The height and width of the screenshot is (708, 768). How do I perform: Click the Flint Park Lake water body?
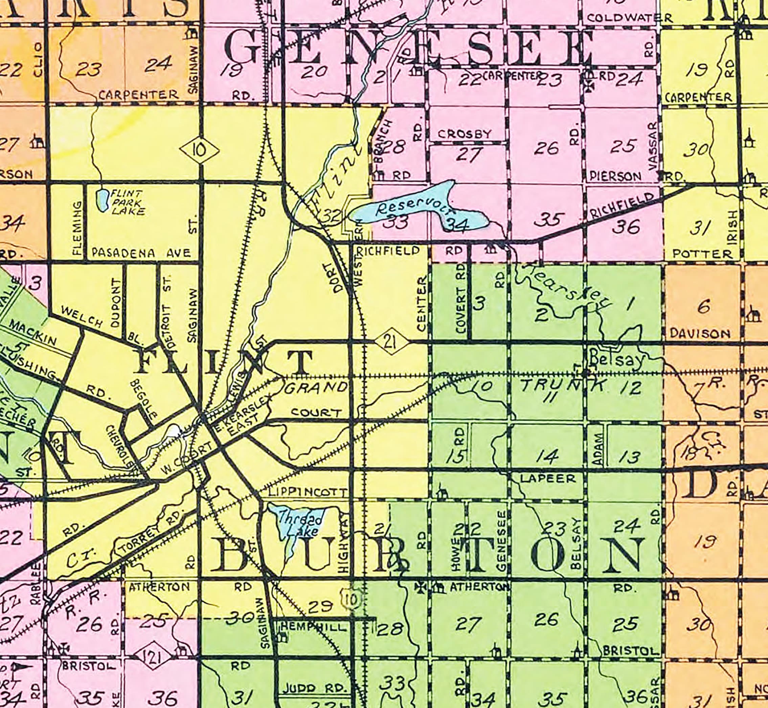[x=102, y=200]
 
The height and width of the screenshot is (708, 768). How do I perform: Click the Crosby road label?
[x=465, y=134]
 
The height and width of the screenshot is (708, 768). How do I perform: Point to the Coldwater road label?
[x=629, y=18]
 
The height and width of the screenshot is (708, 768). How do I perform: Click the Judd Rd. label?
[x=314, y=687]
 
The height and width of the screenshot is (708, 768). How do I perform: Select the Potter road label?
[x=702, y=254]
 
